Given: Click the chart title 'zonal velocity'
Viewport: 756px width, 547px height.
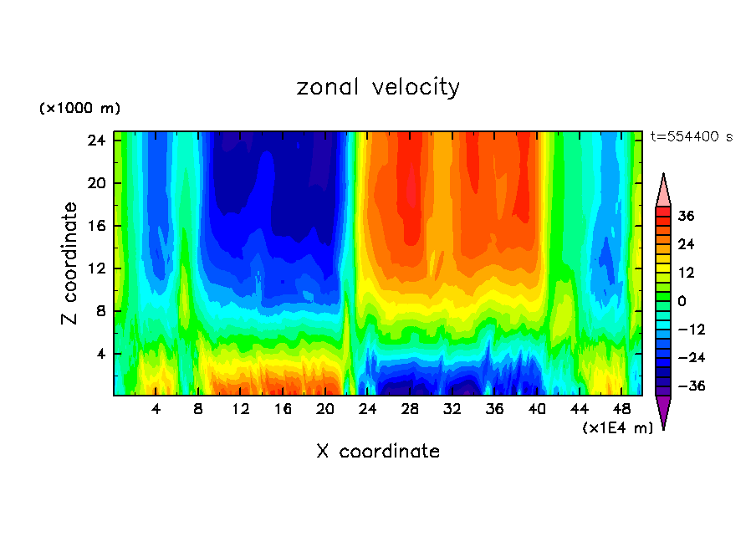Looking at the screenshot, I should pos(378,87).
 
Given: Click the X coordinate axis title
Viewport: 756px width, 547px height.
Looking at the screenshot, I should pos(378,452).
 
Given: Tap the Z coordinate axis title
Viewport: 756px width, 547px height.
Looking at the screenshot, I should pos(70,263).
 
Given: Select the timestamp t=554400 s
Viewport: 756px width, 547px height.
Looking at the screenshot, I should pos(691,137).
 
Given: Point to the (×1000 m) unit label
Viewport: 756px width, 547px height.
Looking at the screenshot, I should pos(79,109).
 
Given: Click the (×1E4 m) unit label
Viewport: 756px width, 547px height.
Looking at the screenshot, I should pos(617,428).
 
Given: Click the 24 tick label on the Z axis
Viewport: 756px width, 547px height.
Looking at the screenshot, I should pos(94,141).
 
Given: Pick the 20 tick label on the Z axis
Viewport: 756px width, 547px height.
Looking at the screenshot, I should pos(94,183).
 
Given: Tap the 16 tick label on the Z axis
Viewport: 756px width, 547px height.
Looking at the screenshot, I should pos(94,226).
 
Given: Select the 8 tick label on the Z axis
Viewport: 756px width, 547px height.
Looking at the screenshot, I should pos(99,311).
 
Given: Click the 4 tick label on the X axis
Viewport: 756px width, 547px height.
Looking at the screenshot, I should pos(156,410).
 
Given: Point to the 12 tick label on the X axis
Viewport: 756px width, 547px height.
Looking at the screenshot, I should pos(241,410).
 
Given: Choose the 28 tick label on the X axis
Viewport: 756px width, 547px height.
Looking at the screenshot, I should pos(410,410).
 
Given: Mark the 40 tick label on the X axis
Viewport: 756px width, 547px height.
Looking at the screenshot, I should pos(537,410).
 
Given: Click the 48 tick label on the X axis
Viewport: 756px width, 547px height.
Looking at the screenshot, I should pos(621,410).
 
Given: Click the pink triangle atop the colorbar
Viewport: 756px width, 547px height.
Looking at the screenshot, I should pos(663,192).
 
